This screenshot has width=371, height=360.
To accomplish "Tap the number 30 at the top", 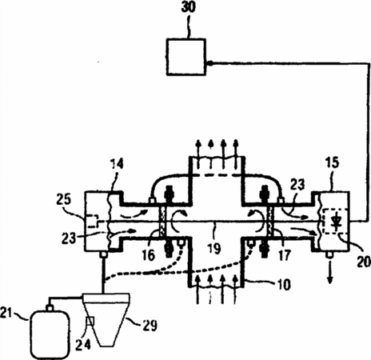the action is click(188, 7).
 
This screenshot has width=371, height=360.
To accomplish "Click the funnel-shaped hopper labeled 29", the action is click(106, 319).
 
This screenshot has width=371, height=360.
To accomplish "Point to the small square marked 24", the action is click(90, 321).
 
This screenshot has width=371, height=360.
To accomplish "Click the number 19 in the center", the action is click(213, 249).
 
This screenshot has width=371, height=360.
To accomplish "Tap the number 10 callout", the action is click(284, 285).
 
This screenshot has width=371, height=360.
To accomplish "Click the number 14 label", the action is click(117, 164).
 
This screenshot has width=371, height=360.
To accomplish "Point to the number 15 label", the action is click(332, 162).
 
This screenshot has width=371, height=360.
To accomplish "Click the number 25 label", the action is click(64, 199).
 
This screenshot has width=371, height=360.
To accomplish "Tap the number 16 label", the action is click(148, 255).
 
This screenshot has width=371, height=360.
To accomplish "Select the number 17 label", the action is click(284, 255).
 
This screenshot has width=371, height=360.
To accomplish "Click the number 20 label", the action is click(364, 262).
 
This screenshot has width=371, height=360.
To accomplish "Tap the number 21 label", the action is click(6, 313).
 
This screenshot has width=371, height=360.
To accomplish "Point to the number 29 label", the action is click(150, 325).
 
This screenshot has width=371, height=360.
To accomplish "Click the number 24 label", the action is click(83, 345).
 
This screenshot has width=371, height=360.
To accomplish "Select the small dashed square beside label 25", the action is click(93, 221).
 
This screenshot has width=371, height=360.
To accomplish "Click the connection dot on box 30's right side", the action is click(209, 63).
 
